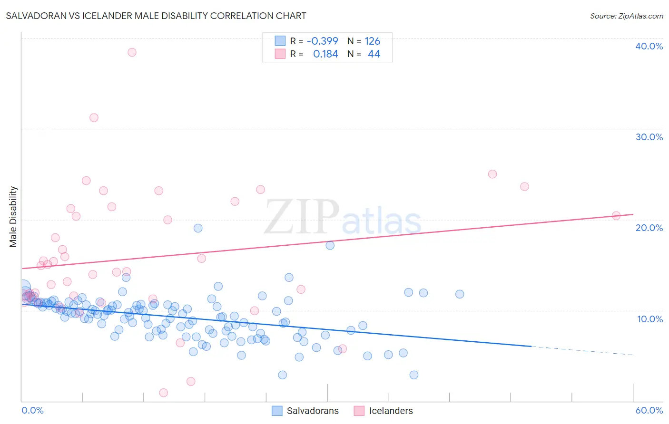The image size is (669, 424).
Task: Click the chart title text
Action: click(x=156, y=16)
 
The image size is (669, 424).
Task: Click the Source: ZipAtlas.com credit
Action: click(x=626, y=16)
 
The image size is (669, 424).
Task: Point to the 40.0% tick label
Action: click(x=649, y=46)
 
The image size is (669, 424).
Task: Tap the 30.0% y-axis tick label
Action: click(x=649, y=137)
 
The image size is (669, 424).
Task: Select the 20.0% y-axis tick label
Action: click(x=649, y=228)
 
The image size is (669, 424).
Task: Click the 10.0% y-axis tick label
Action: click(x=649, y=319)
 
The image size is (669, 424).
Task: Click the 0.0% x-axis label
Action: click(x=32, y=410)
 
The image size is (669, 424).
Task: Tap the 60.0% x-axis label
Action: click(x=649, y=410)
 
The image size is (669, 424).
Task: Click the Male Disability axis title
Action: click(x=13, y=216)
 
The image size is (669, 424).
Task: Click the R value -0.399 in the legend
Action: click(x=322, y=41)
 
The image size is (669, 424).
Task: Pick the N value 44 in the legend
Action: click(x=374, y=54)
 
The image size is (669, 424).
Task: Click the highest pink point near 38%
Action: click(x=132, y=52)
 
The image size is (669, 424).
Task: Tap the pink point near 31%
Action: click(x=94, y=118)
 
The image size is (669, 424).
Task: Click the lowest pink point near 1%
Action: click(x=163, y=393)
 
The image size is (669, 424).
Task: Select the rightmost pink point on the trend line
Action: click(x=616, y=216)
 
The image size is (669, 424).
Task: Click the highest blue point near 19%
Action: click(x=198, y=228)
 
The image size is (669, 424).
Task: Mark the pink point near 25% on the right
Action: click(x=492, y=174)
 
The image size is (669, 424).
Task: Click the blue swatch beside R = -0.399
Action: click(x=280, y=41)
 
